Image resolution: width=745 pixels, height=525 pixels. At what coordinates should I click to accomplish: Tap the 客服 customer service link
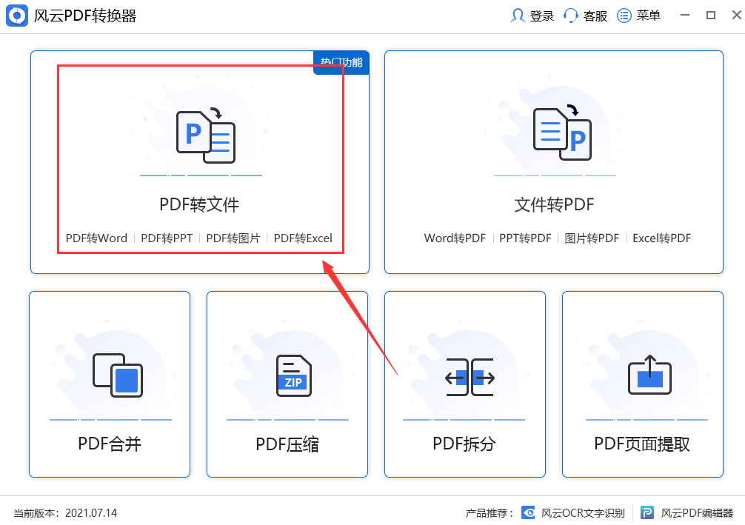(x=586, y=16)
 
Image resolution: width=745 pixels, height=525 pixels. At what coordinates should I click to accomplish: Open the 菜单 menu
(x=639, y=16)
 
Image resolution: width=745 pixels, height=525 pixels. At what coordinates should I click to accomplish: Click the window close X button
(x=732, y=15)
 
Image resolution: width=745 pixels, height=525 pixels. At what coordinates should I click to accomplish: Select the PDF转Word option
(x=96, y=238)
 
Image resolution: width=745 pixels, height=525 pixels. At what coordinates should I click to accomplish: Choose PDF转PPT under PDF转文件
(x=167, y=238)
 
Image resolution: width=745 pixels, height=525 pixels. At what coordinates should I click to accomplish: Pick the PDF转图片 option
(x=233, y=238)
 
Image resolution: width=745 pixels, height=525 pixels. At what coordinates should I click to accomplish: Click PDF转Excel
(x=303, y=238)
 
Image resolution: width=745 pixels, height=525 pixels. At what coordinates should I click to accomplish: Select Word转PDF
(x=455, y=238)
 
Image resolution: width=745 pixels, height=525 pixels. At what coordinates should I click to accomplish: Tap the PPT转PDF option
(x=525, y=238)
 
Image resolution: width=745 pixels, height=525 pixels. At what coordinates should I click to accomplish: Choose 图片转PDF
(x=591, y=238)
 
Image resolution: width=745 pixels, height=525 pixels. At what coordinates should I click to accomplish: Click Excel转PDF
(x=661, y=238)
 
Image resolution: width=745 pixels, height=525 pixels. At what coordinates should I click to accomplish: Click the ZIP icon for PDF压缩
(x=294, y=375)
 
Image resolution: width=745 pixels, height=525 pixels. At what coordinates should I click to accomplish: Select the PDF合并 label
(x=110, y=444)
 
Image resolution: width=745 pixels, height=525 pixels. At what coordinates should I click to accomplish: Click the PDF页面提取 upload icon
(x=649, y=375)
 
